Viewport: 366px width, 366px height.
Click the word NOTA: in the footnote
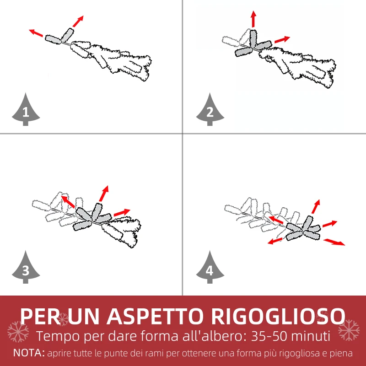pyautogui.click(x=29, y=353)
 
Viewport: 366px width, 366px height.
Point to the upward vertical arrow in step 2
pyautogui.click(x=253, y=19)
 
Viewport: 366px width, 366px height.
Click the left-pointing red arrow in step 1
pyautogui.click(x=36, y=33)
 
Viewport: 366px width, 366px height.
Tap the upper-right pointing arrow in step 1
pyautogui.click(x=78, y=21)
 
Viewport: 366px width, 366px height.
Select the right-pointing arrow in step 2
pyautogui.click(x=282, y=40)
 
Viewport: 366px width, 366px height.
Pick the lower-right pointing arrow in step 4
pyautogui.click(x=334, y=242)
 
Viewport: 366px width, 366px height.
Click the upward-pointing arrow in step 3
pyautogui.click(x=104, y=194)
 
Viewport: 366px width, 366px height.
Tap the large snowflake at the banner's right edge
pyautogui.click(x=349, y=330)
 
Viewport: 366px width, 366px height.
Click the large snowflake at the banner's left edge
pyautogui.click(x=18, y=332)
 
